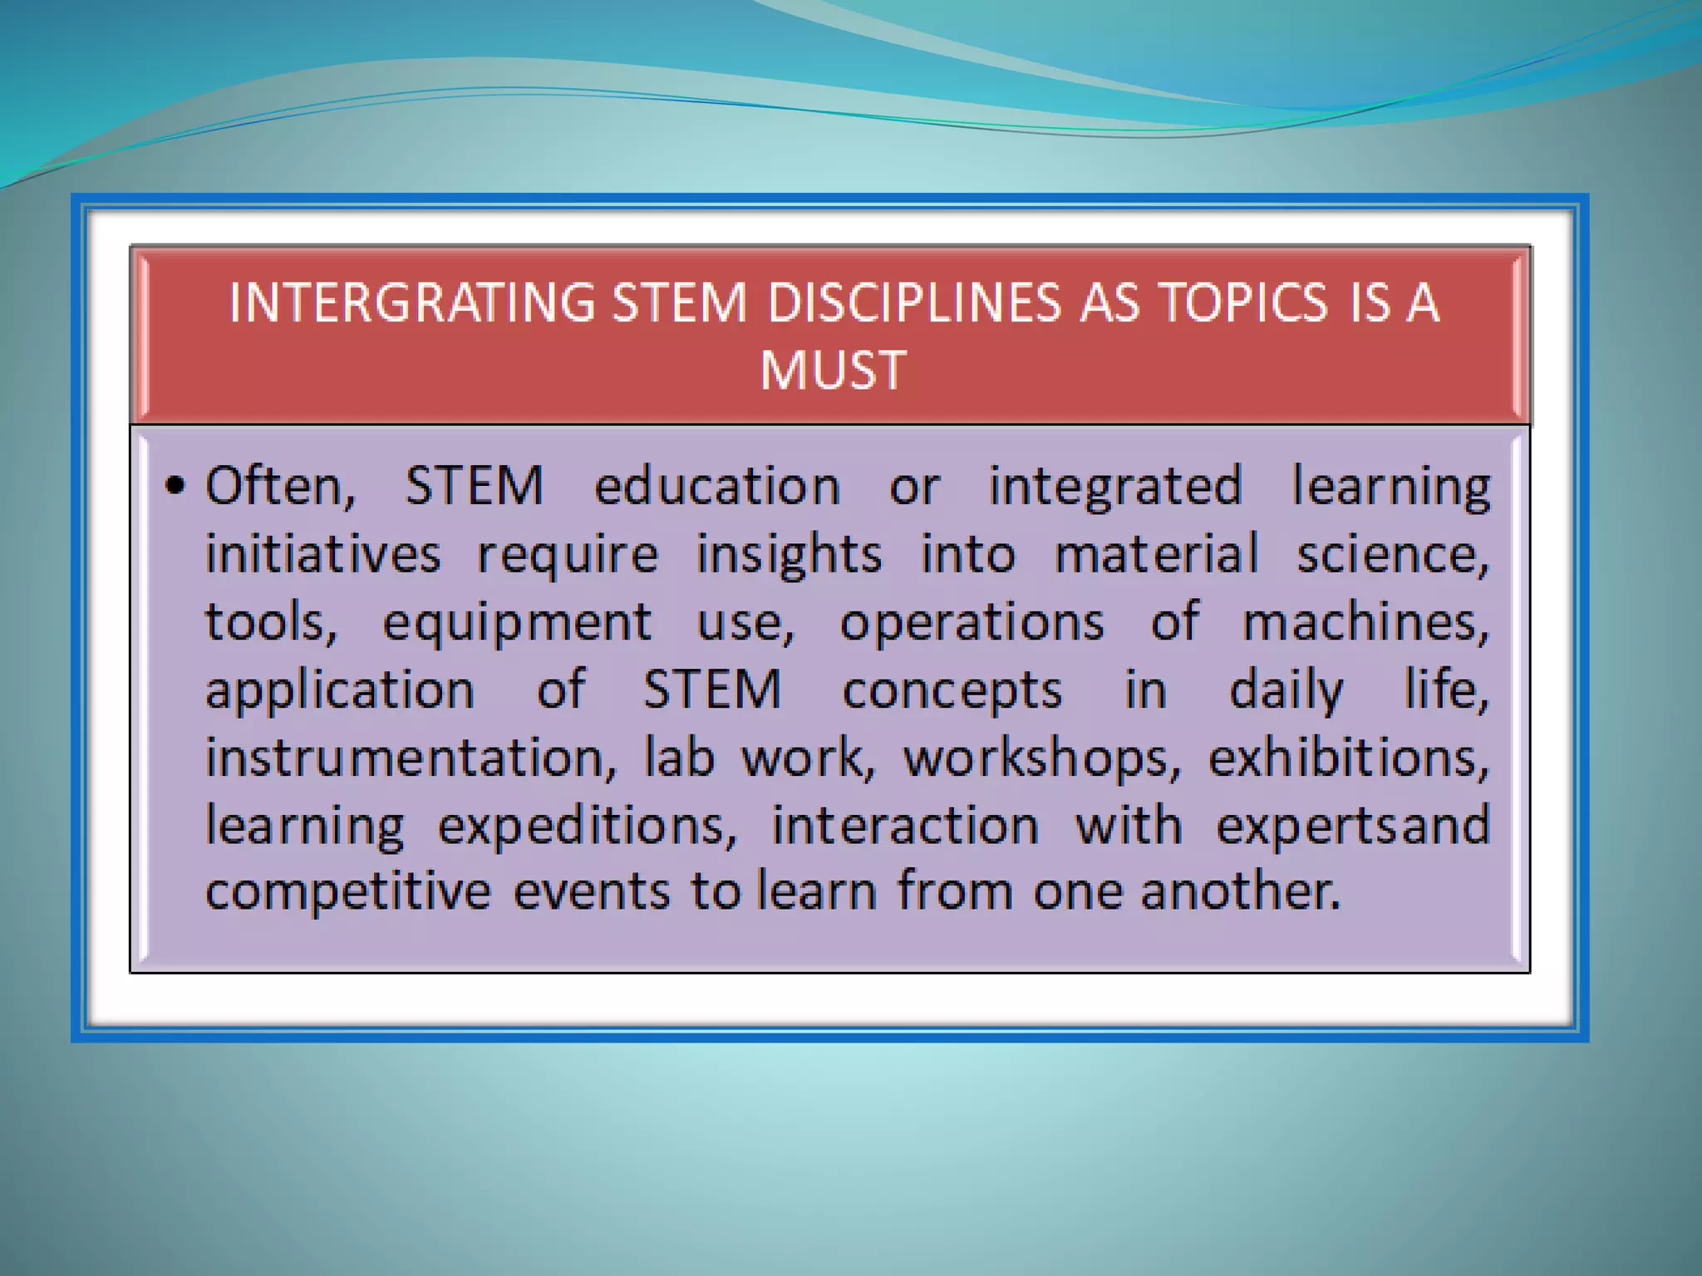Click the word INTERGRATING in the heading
[x=411, y=302]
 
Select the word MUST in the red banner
[x=832, y=370]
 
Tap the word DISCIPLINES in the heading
[x=913, y=302]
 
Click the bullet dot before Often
[x=175, y=487]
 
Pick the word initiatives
[x=322, y=553]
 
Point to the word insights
[x=789, y=555]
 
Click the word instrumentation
[x=411, y=758]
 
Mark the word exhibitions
[x=1348, y=758]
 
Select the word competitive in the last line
[x=348, y=891]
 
